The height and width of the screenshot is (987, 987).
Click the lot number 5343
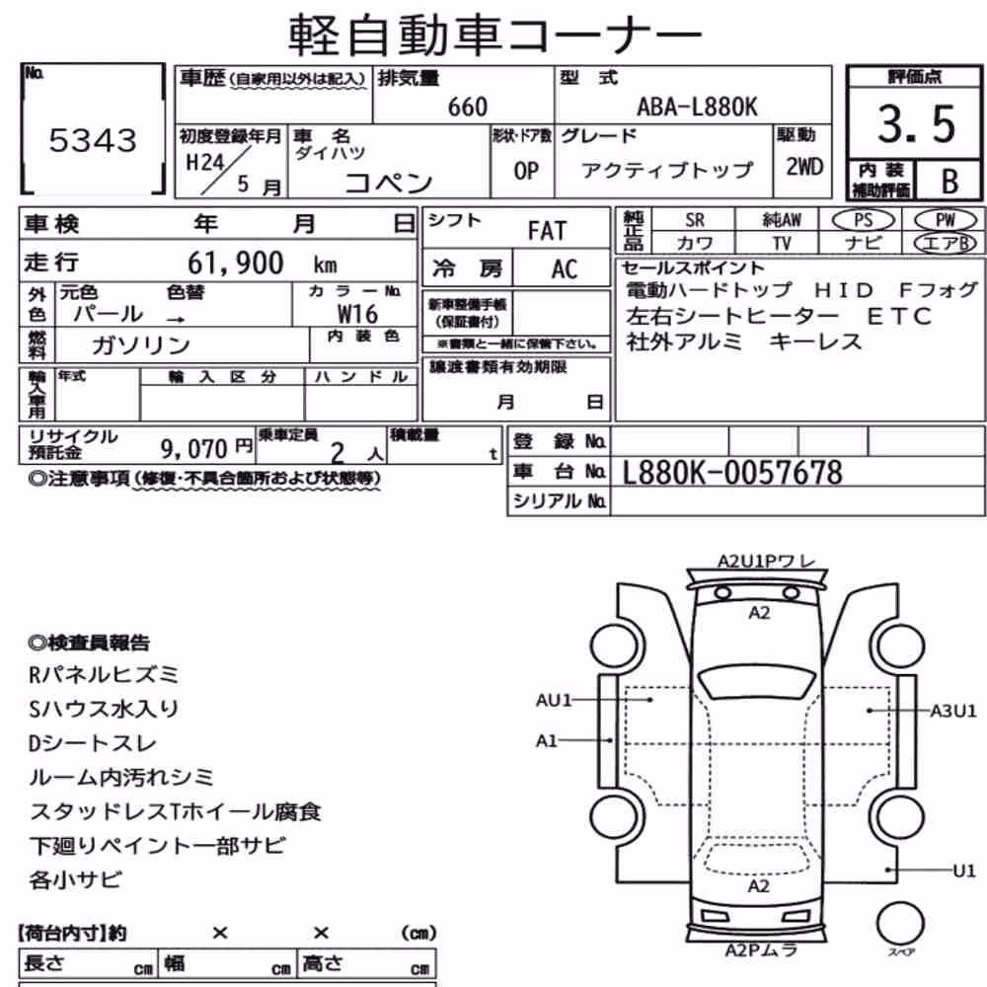[x=93, y=140]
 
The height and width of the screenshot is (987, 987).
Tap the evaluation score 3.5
[x=917, y=124]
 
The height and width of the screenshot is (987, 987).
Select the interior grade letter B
[x=949, y=182]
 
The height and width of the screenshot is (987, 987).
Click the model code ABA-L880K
[x=698, y=107]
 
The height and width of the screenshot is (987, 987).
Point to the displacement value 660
[x=468, y=107]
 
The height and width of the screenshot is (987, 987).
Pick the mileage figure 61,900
[x=236, y=264]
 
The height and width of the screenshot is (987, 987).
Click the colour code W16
[x=357, y=314]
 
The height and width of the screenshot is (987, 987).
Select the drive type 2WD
[x=804, y=167]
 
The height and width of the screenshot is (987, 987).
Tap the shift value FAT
[x=547, y=231]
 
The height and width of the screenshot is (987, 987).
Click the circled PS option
[x=863, y=220]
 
